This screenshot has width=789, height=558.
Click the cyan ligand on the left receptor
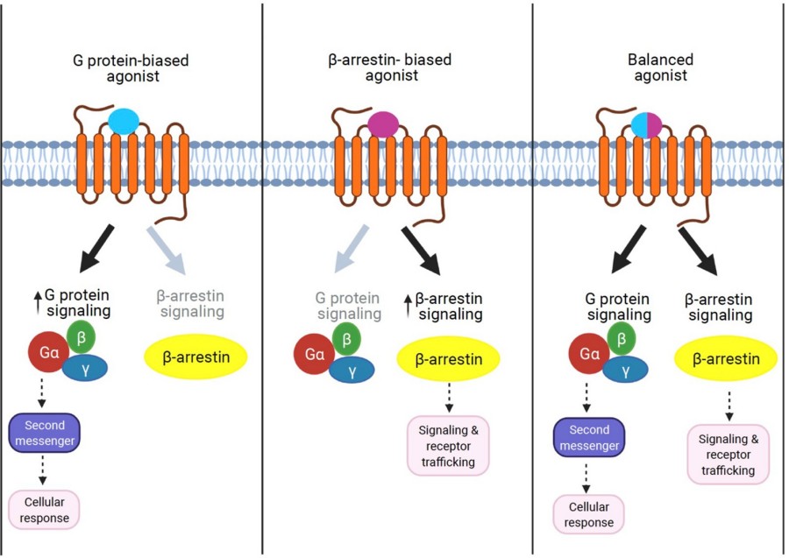click(x=124, y=123)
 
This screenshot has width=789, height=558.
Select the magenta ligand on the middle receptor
click(x=382, y=124)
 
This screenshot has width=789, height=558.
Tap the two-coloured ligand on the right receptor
click(x=646, y=124)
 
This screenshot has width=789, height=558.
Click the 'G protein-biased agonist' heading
click(x=131, y=68)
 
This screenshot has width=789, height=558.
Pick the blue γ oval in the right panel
click(x=625, y=371)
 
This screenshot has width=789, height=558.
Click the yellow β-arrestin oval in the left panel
click(x=195, y=358)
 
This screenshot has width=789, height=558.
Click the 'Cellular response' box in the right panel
click(x=588, y=514)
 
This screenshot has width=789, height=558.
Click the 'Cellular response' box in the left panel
click(x=44, y=509)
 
